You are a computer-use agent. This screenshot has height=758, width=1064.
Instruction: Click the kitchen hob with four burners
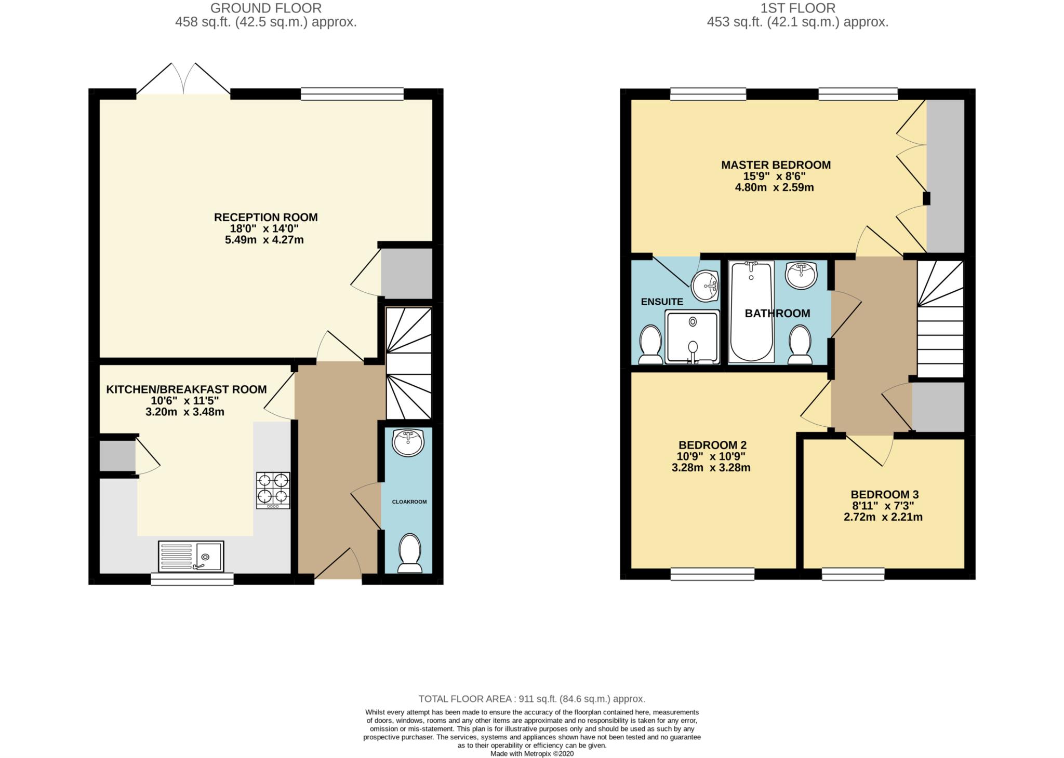273,490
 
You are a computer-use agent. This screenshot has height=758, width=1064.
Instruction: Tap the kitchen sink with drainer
191,556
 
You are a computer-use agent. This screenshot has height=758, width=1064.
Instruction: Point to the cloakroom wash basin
408,443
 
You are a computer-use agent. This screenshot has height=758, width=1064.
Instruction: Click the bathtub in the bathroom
751,312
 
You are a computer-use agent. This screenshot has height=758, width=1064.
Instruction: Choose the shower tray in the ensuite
693,336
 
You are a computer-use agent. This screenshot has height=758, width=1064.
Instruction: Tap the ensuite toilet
650,344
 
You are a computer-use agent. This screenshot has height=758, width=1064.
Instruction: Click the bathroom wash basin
801,275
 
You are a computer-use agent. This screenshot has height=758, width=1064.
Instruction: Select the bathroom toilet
800,344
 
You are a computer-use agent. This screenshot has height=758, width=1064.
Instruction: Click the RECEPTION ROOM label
266,217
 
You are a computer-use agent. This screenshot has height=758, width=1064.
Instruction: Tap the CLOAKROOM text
409,502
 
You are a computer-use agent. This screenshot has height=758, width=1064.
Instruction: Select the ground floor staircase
409,363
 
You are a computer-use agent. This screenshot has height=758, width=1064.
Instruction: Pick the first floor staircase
940,319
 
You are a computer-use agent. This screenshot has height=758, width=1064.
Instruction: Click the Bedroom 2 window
712,574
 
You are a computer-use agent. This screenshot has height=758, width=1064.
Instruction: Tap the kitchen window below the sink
192,579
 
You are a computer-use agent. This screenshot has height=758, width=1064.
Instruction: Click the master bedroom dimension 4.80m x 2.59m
774,187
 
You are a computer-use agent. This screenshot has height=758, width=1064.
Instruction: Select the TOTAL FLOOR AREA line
532,699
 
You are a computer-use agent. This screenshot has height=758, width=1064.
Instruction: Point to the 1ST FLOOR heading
798,8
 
